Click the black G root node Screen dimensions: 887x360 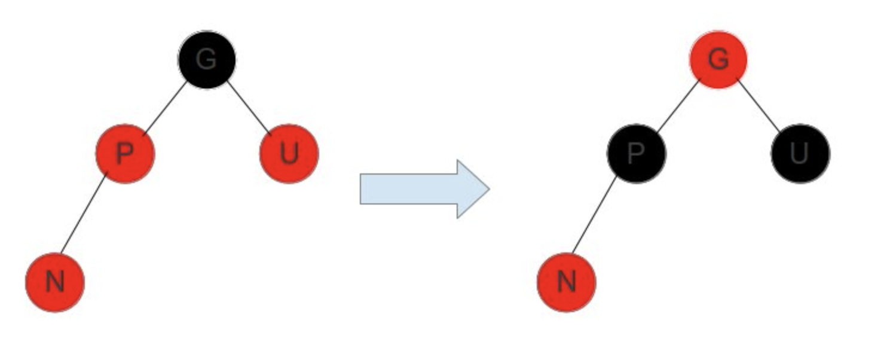click(207, 60)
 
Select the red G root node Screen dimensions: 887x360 click(718, 60)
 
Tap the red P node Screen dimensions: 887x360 click(125, 154)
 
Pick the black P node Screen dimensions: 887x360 click(636, 154)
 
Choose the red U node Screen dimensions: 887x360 click(289, 154)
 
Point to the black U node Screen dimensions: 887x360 click(800, 154)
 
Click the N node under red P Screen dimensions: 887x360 click(55, 282)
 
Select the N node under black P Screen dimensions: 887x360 click(566, 282)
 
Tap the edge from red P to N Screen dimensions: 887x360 click(84, 213)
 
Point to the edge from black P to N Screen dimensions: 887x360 click(595, 213)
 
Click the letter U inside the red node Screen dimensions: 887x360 click(289, 154)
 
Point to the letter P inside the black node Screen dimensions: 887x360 click(636, 154)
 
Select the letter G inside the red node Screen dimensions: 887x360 click(718, 60)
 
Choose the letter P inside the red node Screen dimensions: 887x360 click(125, 154)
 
